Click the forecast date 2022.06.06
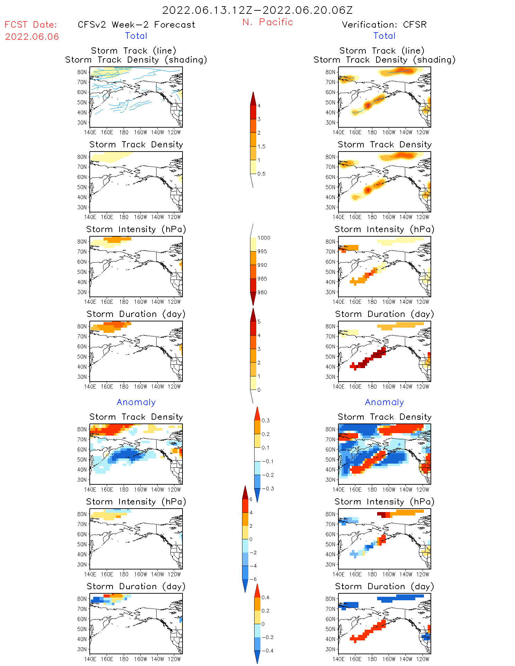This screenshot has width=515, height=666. pyautogui.click(x=32, y=37)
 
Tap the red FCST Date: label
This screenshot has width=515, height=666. pyautogui.click(x=30, y=25)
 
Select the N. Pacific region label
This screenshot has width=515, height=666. pyautogui.click(x=268, y=22)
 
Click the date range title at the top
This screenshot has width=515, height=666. pyautogui.click(x=257, y=10)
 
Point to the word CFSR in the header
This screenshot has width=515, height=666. pyautogui.click(x=415, y=25)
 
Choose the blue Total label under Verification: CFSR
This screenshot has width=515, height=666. pyautogui.click(x=384, y=36)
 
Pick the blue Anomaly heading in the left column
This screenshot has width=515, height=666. pyautogui.click(x=136, y=402)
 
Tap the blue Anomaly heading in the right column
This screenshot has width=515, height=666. pyautogui.click(x=384, y=402)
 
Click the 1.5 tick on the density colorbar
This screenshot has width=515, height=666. pyautogui.click(x=261, y=146)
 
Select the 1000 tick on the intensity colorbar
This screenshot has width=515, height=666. pyautogui.click(x=264, y=238)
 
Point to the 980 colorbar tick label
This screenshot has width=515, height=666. pyautogui.click(x=262, y=292)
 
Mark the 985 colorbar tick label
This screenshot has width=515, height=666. pyautogui.click(x=262, y=279)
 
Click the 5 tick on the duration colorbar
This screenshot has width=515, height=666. pyautogui.click(x=259, y=322)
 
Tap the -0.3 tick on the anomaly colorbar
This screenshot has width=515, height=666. pyautogui.click(x=268, y=489)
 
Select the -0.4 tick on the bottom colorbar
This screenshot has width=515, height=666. pyautogui.click(x=267, y=650)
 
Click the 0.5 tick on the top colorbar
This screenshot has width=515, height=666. pyautogui.click(x=261, y=174)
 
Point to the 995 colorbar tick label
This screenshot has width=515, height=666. pyautogui.click(x=262, y=251)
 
